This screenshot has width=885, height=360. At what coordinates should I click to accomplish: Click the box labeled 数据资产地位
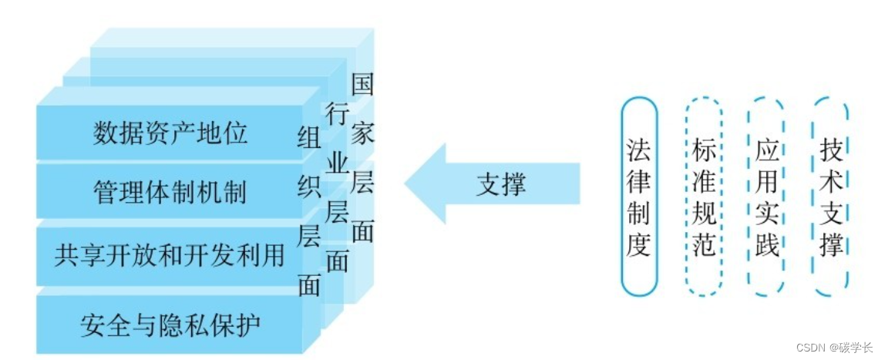click(x=170, y=133)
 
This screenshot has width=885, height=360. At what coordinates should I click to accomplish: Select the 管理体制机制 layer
click(x=170, y=191)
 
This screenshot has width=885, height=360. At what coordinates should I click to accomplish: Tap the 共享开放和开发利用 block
click(x=170, y=254)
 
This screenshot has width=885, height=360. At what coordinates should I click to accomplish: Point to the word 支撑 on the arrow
click(x=501, y=185)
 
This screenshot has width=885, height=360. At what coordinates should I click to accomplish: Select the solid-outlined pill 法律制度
click(x=639, y=197)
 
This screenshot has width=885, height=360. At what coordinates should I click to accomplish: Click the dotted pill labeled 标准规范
click(x=704, y=197)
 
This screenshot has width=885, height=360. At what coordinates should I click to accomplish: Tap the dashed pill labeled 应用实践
click(x=767, y=197)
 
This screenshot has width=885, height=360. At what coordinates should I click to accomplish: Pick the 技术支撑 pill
click(x=831, y=197)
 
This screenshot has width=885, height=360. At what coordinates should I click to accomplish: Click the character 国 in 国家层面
click(x=362, y=84)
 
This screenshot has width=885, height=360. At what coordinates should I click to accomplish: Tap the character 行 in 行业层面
click(x=336, y=114)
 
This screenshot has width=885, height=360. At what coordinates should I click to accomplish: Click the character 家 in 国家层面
click(x=362, y=133)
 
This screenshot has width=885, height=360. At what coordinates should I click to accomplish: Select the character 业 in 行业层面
click(x=336, y=163)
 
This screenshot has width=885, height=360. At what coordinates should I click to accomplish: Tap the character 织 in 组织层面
click(x=309, y=187)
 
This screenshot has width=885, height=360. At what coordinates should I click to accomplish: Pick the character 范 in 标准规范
click(x=704, y=246)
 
